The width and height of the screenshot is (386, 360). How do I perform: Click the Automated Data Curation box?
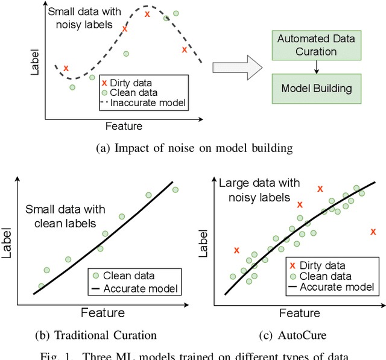pos(315,45)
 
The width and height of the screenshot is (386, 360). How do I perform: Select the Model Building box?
pos(315,89)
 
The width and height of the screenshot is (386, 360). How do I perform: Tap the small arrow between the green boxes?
pos(315,68)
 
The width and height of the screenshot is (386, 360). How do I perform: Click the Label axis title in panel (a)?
pos(35,62)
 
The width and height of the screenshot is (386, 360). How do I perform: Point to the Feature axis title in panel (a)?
pos(124,126)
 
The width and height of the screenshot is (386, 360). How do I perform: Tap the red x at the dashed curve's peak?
pos(147,13)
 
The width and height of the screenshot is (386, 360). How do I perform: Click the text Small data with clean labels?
pos(65,216)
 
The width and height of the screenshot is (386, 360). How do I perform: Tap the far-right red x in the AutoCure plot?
pos(373,232)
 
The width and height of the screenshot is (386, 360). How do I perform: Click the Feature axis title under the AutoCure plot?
pos(299,313)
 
